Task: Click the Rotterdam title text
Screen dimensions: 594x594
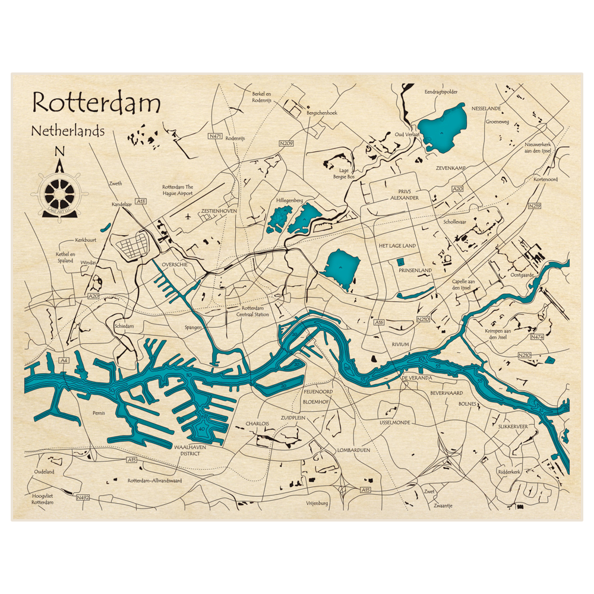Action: pyautogui.click(x=96, y=103)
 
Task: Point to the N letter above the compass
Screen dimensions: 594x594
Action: pyautogui.click(x=59, y=152)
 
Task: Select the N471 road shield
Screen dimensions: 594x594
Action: pyautogui.click(x=215, y=137)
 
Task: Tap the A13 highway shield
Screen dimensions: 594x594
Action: pyautogui.click(x=140, y=202)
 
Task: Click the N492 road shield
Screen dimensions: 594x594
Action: pyautogui.click(x=83, y=497)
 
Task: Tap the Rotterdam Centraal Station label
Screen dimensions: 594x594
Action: pyautogui.click(x=252, y=311)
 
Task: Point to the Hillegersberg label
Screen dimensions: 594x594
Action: pyautogui.click(x=290, y=200)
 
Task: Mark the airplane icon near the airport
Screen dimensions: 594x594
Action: pyautogui.click(x=188, y=216)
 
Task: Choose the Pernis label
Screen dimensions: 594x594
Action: pyautogui.click(x=99, y=412)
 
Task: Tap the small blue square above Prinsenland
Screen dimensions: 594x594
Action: pyautogui.click(x=400, y=261)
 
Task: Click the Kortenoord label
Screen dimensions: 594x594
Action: pyautogui.click(x=545, y=179)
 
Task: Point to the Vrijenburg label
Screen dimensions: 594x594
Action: pyautogui.click(x=317, y=503)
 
